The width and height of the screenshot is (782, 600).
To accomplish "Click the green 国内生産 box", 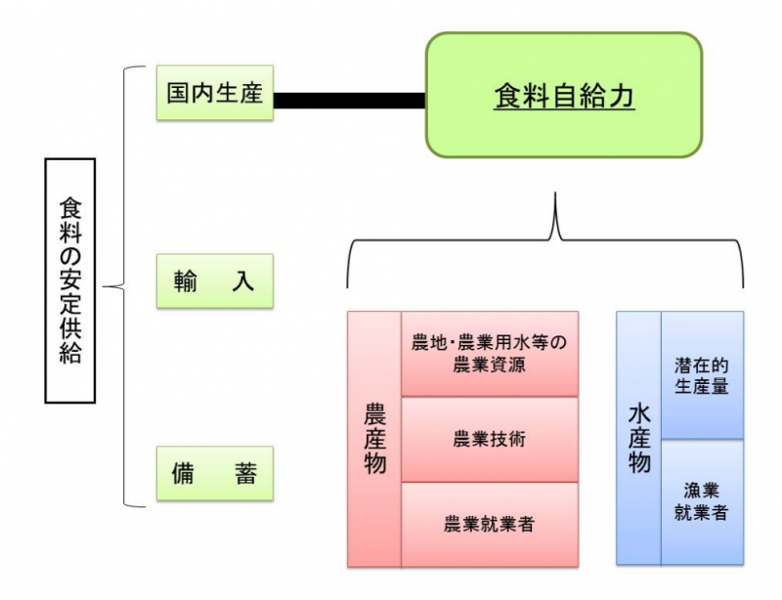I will pyautogui.click(x=215, y=94).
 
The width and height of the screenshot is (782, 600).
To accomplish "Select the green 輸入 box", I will pyautogui.click(x=215, y=281).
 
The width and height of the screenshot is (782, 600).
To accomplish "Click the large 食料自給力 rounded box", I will pyautogui.click(x=563, y=95).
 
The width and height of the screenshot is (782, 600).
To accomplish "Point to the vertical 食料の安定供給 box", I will pyautogui.click(x=70, y=281).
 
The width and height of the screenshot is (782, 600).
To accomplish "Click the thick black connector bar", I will pyautogui.click(x=349, y=100).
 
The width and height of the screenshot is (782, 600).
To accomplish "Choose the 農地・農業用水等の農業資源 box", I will pyautogui.click(x=490, y=354).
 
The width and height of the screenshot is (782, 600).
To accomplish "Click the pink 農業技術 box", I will pyautogui.click(x=490, y=439).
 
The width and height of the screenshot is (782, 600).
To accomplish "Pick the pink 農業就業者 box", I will pyautogui.click(x=490, y=524).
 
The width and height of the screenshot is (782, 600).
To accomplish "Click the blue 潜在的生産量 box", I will pyautogui.click(x=702, y=375).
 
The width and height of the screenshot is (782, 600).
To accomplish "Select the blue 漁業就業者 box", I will pyautogui.click(x=702, y=501).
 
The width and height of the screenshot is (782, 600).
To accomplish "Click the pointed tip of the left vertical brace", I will pyautogui.click(x=106, y=287).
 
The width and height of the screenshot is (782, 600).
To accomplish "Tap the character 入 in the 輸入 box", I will pyautogui.click(x=244, y=281).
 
